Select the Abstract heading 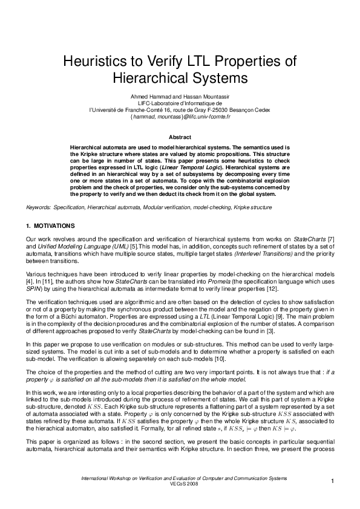click(x=180, y=138)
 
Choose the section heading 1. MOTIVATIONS click(x=50, y=225)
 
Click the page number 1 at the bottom click(x=332, y=481)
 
